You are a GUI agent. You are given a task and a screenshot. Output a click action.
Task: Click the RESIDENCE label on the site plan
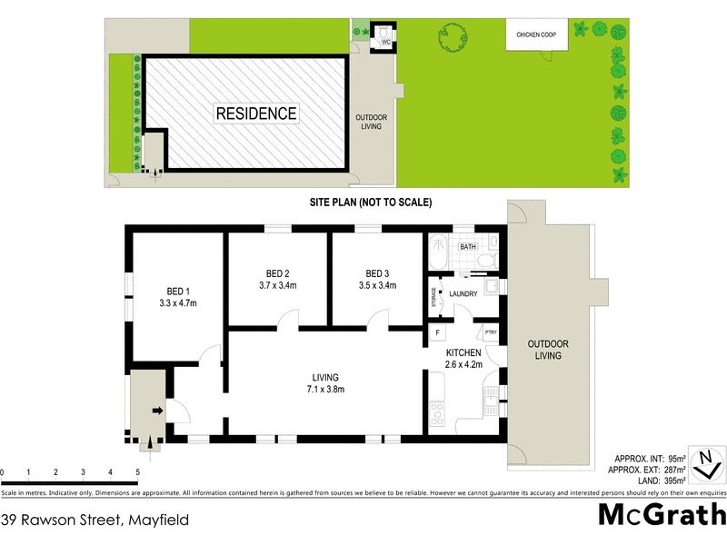tap(256, 114)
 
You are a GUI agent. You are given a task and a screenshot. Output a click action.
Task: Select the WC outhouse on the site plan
tap(384, 36)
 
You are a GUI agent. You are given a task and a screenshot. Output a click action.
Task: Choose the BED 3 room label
tap(377, 273)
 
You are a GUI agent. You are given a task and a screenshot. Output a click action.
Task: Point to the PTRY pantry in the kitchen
tap(491, 333)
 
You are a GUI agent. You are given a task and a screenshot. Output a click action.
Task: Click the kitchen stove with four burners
tap(435, 414)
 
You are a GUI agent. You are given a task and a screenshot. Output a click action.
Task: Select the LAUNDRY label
tap(463, 293)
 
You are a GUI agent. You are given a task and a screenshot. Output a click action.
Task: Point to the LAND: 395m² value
tap(649, 480)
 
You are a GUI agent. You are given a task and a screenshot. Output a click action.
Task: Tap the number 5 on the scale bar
tap(137, 472)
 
